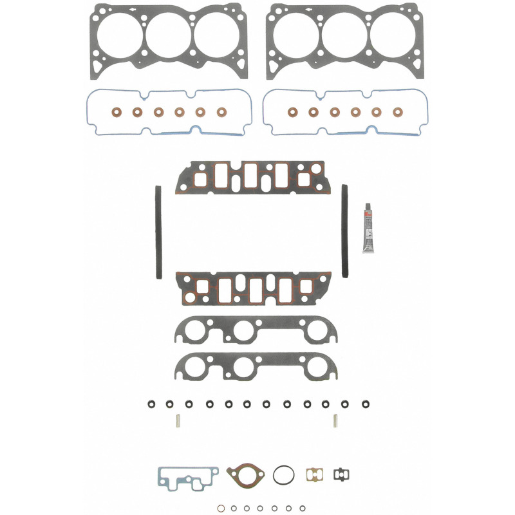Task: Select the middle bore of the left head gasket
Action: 168,35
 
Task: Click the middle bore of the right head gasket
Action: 345,35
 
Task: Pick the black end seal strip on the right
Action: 344,232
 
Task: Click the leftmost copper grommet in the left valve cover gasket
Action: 117,111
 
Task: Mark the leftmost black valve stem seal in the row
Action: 150,404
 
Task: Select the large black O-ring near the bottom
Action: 283,476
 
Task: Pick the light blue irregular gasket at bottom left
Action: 187,478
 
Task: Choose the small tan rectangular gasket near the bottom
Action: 314,474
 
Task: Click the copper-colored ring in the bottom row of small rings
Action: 220,507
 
